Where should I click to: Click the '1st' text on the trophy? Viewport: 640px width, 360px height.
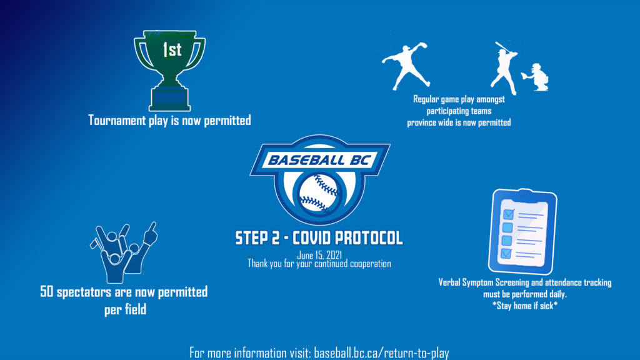172,50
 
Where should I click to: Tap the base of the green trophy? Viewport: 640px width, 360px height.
169,99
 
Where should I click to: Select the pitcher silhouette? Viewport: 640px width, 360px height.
406,65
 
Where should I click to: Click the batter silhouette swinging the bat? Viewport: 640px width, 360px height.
504,67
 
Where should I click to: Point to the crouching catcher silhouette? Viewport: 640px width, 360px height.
536,77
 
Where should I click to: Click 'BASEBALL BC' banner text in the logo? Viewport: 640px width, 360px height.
320,159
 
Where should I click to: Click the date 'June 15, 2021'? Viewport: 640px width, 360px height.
319,255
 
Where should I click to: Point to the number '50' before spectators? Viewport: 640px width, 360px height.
47,292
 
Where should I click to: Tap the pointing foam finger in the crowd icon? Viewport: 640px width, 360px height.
150,233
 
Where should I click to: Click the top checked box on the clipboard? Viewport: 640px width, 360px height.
509,214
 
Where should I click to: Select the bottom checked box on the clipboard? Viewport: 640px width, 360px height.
506,254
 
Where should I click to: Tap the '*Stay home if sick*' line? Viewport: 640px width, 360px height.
525,306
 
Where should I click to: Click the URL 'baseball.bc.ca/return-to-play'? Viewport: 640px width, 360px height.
381,352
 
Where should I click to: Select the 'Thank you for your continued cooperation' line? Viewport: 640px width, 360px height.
319,264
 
